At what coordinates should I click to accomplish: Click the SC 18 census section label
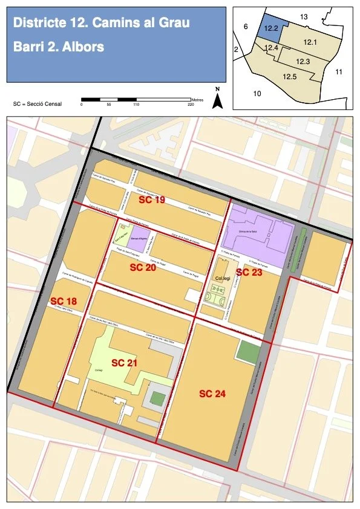(x=64, y=301)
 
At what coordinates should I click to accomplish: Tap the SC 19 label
(x=152, y=199)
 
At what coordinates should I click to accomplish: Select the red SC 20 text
(x=143, y=267)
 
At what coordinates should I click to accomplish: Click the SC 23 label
(x=249, y=273)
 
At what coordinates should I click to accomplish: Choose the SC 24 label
(x=212, y=394)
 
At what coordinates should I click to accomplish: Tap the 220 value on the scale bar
(x=191, y=105)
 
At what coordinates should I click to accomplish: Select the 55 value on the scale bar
(x=108, y=105)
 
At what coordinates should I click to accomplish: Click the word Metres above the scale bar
(x=197, y=99)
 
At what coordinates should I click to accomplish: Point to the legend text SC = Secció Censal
(x=38, y=104)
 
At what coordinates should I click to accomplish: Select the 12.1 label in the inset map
(x=310, y=42)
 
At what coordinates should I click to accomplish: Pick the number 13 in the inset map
(x=304, y=16)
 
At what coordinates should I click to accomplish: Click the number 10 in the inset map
(x=257, y=94)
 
